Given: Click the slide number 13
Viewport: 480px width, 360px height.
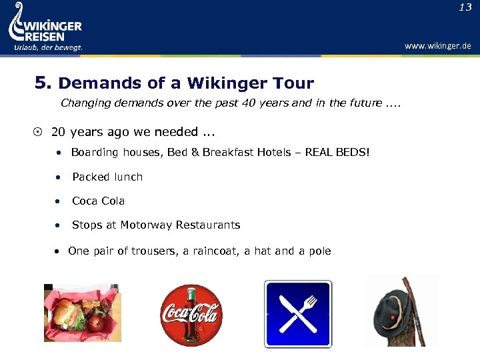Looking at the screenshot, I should pyautogui.click(x=465, y=8).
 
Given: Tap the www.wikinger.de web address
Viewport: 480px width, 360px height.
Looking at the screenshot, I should pyautogui.click(x=437, y=46).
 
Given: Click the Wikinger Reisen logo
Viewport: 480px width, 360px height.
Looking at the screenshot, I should pyautogui.click(x=45, y=27).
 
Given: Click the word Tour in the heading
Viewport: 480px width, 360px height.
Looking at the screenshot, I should pyautogui.click(x=292, y=83).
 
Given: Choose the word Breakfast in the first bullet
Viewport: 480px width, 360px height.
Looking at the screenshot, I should pyautogui.click(x=215, y=153).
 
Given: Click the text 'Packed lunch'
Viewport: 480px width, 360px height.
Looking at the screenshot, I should pyautogui.click(x=107, y=177).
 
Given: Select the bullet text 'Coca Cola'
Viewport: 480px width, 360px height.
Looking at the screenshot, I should pyautogui.click(x=99, y=201).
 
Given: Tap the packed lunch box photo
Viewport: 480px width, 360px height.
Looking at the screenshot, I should pyautogui.click(x=83, y=313).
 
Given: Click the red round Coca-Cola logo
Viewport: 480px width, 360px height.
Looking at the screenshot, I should pyautogui.click(x=191, y=315).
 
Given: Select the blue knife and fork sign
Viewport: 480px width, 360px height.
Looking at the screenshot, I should pyautogui.click(x=297, y=314).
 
